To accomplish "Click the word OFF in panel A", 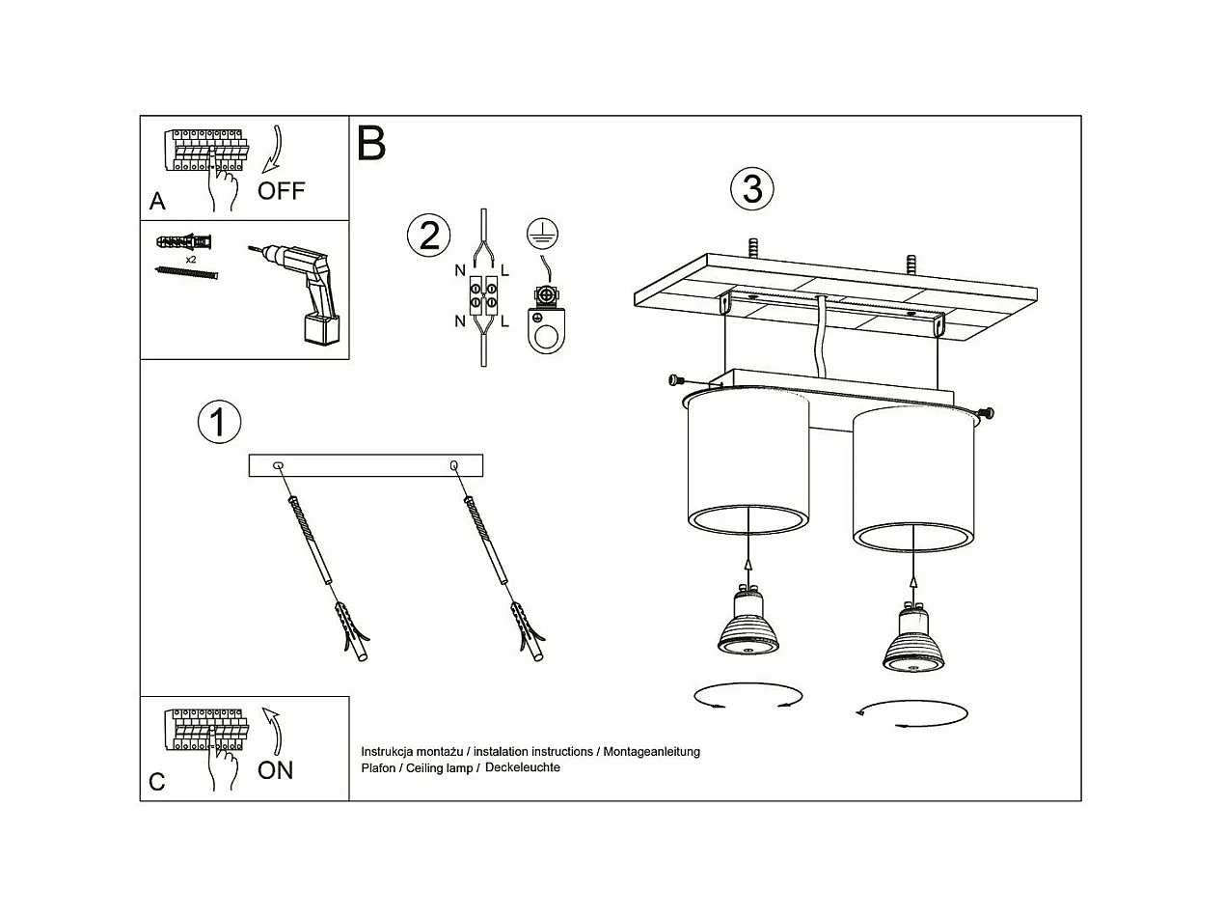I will tap(281, 191).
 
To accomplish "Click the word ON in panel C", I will tap(275, 770).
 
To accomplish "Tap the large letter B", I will tap(371, 143).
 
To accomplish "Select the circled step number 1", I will tap(219, 423).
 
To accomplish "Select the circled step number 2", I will tap(429, 236).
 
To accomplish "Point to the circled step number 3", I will tap(752, 188).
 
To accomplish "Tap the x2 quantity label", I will tap(191, 260).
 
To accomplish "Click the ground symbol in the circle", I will tap(543, 233).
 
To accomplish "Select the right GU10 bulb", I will tap(911, 641).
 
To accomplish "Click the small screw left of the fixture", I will tap(676, 380).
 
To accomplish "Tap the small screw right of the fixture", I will tap(986, 413).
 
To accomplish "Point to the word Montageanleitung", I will tap(651, 751).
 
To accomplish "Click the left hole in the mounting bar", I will tap(278, 466).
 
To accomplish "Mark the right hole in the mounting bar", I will tap(454, 466).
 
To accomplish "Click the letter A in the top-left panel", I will tap(158, 202).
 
